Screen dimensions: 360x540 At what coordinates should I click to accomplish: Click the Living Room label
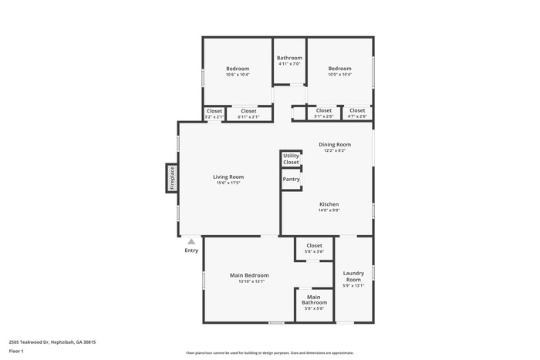(228, 177)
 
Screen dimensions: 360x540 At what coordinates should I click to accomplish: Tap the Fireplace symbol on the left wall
(172, 177)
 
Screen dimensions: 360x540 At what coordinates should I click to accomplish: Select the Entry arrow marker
(191, 241)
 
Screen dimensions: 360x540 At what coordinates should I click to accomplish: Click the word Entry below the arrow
(191, 250)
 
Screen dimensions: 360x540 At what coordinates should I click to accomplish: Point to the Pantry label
(291, 179)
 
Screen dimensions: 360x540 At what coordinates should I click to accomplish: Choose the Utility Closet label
(291, 159)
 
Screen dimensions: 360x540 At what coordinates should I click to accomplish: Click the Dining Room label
(335, 144)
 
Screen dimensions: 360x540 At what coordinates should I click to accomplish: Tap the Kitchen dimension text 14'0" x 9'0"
(329, 210)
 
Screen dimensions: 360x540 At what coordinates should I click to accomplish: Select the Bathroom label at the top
(289, 58)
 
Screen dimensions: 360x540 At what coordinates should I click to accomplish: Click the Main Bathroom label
(314, 300)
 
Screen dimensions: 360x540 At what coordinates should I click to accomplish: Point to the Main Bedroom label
(249, 274)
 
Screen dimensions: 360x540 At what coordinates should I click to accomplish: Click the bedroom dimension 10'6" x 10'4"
(238, 75)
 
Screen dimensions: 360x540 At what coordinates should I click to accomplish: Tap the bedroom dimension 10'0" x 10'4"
(339, 75)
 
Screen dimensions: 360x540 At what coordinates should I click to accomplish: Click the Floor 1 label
(16, 351)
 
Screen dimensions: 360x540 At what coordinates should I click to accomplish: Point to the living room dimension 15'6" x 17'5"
(228, 183)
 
